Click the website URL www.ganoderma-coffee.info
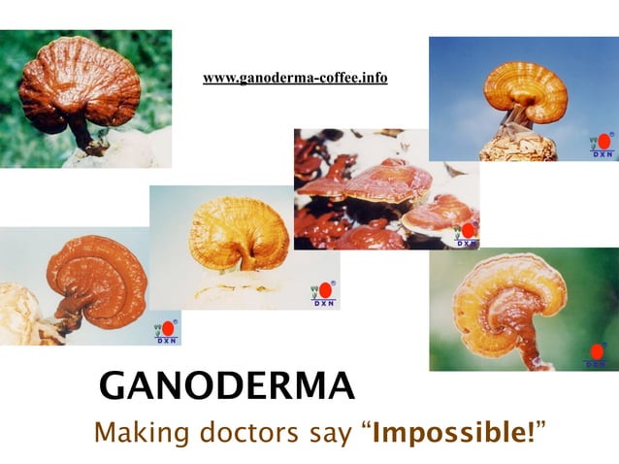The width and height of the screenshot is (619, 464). click(295, 78)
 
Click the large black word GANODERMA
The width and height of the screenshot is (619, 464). click(227, 386)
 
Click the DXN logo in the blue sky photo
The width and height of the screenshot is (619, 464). click(603, 146)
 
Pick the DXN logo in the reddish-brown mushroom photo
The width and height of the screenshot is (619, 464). click(167, 332)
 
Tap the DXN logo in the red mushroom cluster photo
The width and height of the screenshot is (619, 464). click(467, 234)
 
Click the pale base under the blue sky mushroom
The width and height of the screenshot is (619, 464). click(518, 147)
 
